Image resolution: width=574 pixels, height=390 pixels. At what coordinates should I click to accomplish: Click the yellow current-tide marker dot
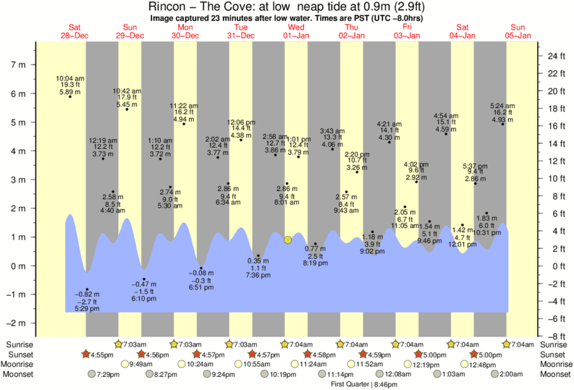[288, 239]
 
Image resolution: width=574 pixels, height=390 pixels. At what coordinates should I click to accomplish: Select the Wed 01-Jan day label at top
[297, 31]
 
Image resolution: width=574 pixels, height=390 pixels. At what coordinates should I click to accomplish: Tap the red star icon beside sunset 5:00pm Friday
[418, 355]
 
